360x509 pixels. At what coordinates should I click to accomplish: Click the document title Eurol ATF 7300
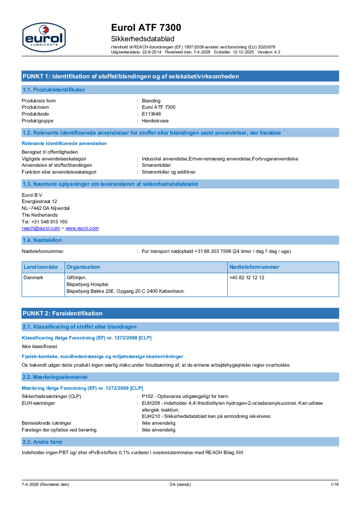[x=146, y=28]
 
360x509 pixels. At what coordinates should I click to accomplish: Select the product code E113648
[x=151, y=114]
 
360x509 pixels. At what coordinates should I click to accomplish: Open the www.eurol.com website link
[x=82, y=228]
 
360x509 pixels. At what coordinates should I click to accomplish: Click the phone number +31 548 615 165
[x=45, y=222]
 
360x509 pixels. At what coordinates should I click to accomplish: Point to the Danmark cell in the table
[x=33, y=277]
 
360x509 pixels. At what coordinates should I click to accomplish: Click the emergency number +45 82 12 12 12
[x=247, y=277]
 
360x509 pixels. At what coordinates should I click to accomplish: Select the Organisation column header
[x=83, y=267]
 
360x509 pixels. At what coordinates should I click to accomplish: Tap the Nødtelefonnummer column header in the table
[x=254, y=267]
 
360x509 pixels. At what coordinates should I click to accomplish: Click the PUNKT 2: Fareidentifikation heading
[x=63, y=313]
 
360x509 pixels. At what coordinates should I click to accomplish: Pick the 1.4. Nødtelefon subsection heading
[x=42, y=240]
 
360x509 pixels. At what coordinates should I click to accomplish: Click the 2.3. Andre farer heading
[x=43, y=441]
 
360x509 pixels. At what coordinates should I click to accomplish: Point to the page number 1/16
[x=335, y=485]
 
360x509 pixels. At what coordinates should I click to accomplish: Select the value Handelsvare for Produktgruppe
[x=155, y=121]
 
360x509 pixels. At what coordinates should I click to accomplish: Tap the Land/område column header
[x=41, y=267]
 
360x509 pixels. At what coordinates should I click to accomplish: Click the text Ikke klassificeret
[x=39, y=346]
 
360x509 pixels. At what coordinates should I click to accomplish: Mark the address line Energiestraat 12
[x=39, y=201]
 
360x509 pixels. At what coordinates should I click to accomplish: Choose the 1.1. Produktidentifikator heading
[x=54, y=90]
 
